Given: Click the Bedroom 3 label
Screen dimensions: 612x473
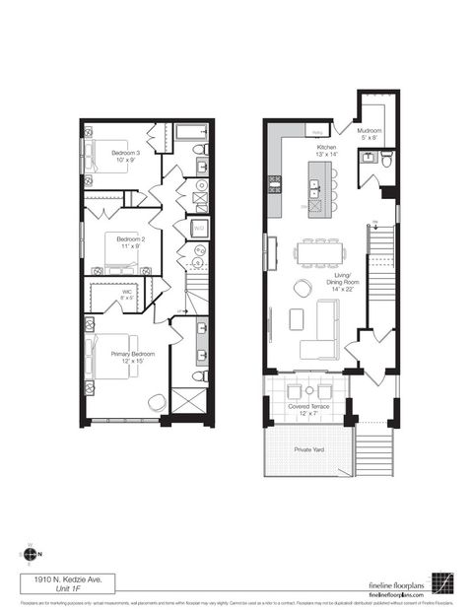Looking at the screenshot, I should tap(125, 155).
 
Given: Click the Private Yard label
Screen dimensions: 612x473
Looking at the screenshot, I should tap(310, 449).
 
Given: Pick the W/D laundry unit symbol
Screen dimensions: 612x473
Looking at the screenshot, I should tap(198, 230).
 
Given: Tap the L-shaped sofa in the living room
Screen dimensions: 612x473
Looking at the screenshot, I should tap(321, 335).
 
